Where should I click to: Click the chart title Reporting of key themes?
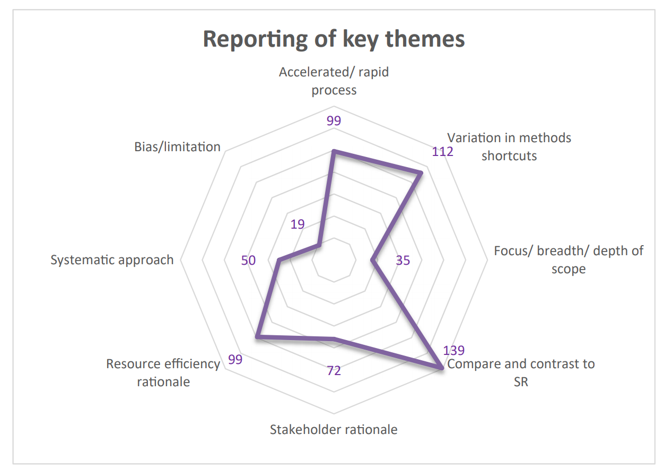pos(334,39)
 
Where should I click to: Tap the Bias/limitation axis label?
pos(177,146)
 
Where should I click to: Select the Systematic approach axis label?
pos(112,260)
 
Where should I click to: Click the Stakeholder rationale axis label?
pos(334,429)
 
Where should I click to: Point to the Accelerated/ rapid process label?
pos(334,81)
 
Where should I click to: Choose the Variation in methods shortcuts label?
pos(509,146)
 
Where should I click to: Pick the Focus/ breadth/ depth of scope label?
pos(568,259)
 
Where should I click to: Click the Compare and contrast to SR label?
pos(521,372)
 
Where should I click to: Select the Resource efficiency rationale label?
pos(163,372)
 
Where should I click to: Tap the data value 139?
pos(453,351)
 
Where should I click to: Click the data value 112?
pos(442,152)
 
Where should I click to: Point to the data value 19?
pos(298,224)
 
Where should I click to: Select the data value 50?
pos(248,260)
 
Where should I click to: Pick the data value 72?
pos(334,370)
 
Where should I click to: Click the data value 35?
pos(403,260)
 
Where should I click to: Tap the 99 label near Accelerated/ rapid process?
pos(334,121)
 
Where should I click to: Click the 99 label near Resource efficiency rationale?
pos(235,359)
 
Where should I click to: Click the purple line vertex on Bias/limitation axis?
pos(318,245)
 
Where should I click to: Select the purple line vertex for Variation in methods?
pos(421,172)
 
